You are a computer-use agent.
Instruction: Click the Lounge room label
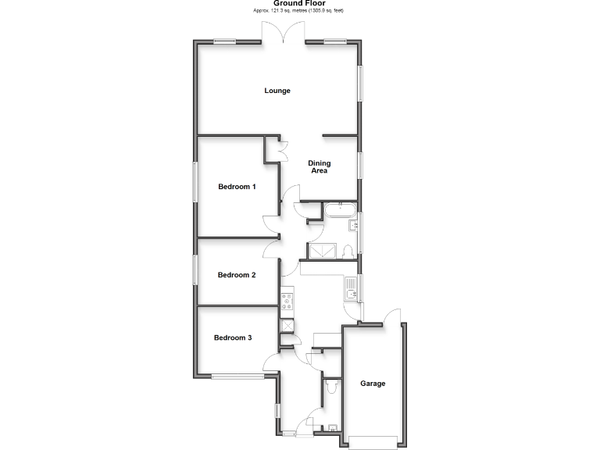click(x=277, y=91)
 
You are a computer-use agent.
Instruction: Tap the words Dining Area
click(x=319, y=166)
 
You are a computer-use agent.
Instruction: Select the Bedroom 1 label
click(x=237, y=187)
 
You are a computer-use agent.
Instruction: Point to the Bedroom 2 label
click(x=237, y=275)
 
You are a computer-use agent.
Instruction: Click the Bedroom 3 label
click(x=234, y=337)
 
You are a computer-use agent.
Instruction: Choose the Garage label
click(x=373, y=384)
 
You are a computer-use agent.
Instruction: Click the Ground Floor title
click(x=299, y=4)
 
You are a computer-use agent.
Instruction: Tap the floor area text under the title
click(x=299, y=11)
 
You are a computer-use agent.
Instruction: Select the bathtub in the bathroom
click(x=341, y=209)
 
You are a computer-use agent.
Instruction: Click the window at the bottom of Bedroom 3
click(x=237, y=377)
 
